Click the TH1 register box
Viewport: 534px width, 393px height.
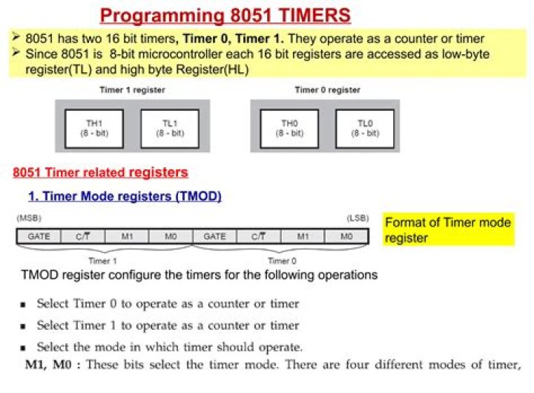(x=94, y=129)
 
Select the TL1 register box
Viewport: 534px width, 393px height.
(x=170, y=129)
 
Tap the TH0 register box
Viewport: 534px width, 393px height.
(x=289, y=129)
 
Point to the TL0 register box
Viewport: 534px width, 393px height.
(x=365, y=129)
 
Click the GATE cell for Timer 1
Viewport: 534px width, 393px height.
(x=39, y=236)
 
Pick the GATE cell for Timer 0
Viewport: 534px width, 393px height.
(x=214, y=236)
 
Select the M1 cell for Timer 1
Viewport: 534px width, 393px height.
(x=127, y=236)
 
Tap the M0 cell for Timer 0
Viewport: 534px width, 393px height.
(x=346, y=236)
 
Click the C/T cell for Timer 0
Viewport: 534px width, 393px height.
(x=259, y=236)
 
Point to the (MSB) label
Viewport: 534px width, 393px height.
(x=29, y=218)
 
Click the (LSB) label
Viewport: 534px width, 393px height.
(x=357, y=218)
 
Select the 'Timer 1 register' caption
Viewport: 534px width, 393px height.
(x=132, y=90)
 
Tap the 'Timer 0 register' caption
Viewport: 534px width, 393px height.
(x=327, y=90)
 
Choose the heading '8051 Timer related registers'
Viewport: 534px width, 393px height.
(x=100, y=172)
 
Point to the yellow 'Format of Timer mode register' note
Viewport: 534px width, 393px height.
(x=448, y=230)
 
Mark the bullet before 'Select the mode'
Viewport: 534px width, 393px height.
(x=23, y=348)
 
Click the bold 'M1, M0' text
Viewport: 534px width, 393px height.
(x=48, y=365)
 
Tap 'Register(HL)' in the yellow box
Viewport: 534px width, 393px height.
(x=212, y=70)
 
